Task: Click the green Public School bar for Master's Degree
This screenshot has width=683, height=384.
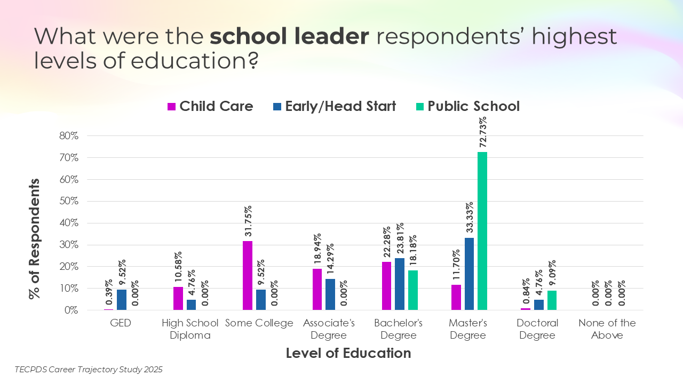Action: [482, 230]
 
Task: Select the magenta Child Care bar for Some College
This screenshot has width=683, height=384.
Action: [248, 275]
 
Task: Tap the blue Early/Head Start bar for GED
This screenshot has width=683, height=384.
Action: [122, 300]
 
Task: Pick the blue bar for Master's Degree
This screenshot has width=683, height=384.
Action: [469, 274]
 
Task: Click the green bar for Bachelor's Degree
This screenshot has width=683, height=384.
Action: [413, 290]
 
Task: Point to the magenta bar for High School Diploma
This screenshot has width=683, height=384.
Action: [178, 298]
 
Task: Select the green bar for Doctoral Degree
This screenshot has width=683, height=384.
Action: [552, 300]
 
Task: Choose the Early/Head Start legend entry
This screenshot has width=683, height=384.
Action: [335, 106]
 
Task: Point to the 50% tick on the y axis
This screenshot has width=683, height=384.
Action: [68, 202]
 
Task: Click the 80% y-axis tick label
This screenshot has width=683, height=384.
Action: [68, 136]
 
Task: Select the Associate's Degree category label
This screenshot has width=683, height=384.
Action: [329, 329]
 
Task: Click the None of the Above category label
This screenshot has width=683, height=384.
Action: [607, 329]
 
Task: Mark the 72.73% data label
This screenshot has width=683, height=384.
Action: [482, 132]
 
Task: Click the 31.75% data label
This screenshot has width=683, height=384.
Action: [248, 221]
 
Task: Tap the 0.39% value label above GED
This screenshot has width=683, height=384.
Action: [109, 293]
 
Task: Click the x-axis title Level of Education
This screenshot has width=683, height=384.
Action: [348, 353]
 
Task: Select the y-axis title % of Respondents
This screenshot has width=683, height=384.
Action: [35, 238]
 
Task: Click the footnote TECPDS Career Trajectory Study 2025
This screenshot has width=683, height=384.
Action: [89, 369]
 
